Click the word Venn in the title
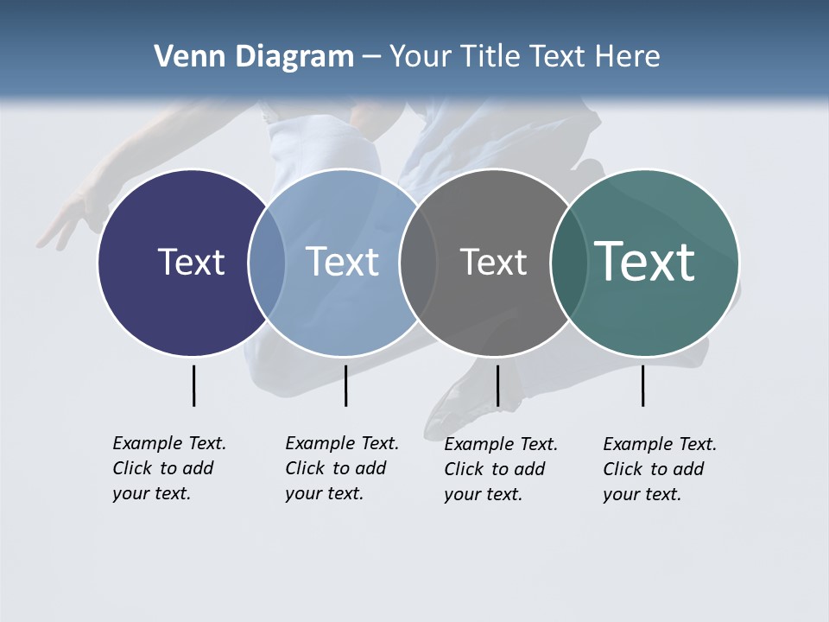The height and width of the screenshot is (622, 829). click(x=185, y=57)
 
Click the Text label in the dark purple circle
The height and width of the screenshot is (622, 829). click(x=191, y=262)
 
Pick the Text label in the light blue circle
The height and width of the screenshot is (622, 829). click(x=343, y=262)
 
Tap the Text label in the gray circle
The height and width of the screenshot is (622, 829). click(x=493, y=262)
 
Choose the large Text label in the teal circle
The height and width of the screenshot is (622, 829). click(x=645, y=262)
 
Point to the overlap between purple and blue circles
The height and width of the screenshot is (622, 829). click(x=267, y=263)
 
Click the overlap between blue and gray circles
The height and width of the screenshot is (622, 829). click(x=418, y=263)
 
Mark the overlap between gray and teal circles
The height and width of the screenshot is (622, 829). click(x=568, y=263)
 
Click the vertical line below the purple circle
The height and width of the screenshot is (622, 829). click(x=193, y=385)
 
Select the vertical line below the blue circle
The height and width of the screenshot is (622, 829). click(x=345, y=385)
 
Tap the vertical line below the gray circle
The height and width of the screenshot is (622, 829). click(x=497, y=385)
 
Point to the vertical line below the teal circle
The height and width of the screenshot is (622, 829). click(x=642, y=385)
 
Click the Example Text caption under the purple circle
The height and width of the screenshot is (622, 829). click(x=169, y=468)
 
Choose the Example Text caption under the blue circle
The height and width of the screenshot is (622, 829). click(x=342, y=468)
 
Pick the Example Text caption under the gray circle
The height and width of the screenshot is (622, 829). click(x=501, y=469)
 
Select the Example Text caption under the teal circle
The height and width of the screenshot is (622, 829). click(x=660, y=469)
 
